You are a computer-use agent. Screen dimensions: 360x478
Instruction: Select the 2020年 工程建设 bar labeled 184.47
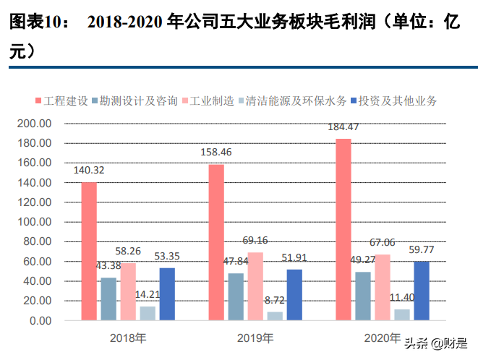click(343, 229)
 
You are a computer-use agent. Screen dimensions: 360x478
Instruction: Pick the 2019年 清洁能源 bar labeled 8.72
click(275, 315)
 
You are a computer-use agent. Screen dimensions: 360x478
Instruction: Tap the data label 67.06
click(383, 242)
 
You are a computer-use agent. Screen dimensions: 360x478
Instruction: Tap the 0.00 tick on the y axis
click(40, 320)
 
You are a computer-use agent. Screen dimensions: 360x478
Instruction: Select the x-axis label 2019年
click(255, 338)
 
